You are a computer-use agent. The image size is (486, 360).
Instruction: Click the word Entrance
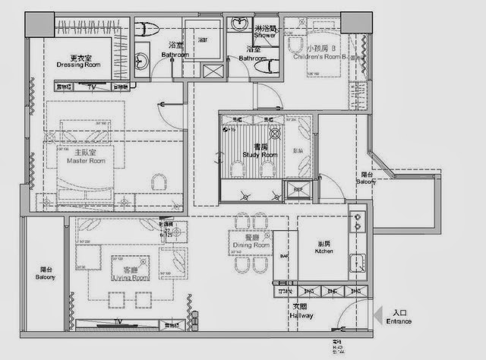coord(399,321)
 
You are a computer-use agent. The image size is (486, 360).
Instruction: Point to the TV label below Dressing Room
coord(92,87)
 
